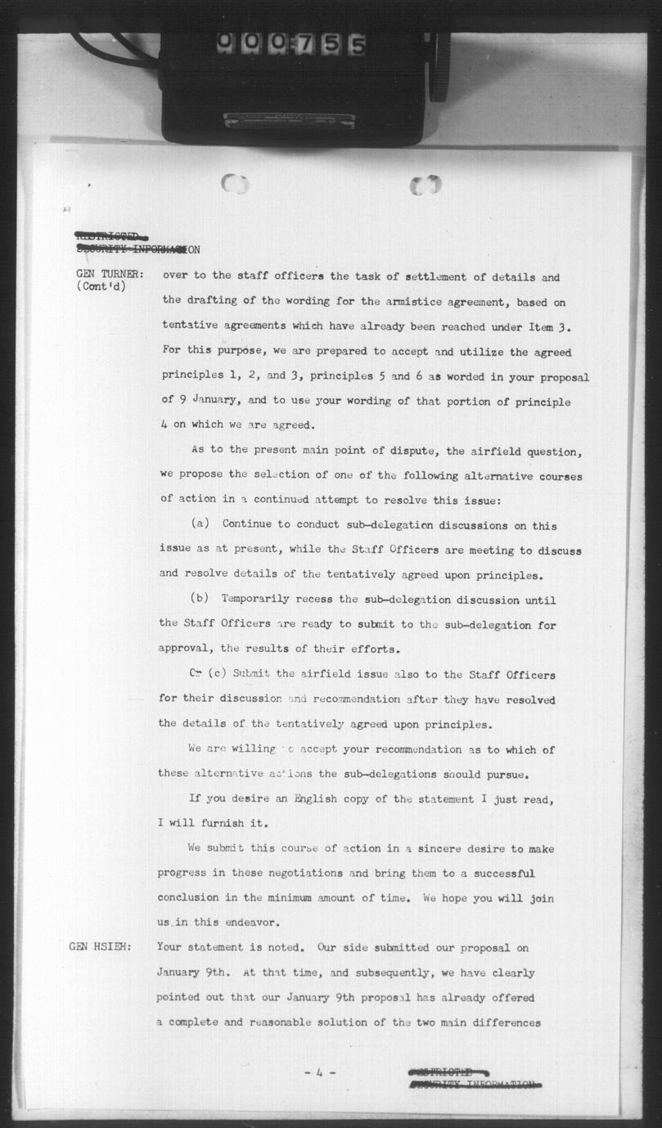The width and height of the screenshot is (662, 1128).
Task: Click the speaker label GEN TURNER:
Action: pyautogui.click(x=110, y=275)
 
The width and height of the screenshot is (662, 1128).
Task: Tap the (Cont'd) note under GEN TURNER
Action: pyautogui.click(x=101, y=287)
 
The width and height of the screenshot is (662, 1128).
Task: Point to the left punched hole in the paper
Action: pyautogui.click(x=235, y=184)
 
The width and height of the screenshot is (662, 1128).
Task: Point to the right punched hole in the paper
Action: pyautogui.click(x=426, y=185)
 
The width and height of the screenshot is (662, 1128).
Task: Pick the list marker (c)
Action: pyautogui.click(x=216, y=674)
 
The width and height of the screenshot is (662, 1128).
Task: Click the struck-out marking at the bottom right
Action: pyautogui.click(x=474, y=1079)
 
